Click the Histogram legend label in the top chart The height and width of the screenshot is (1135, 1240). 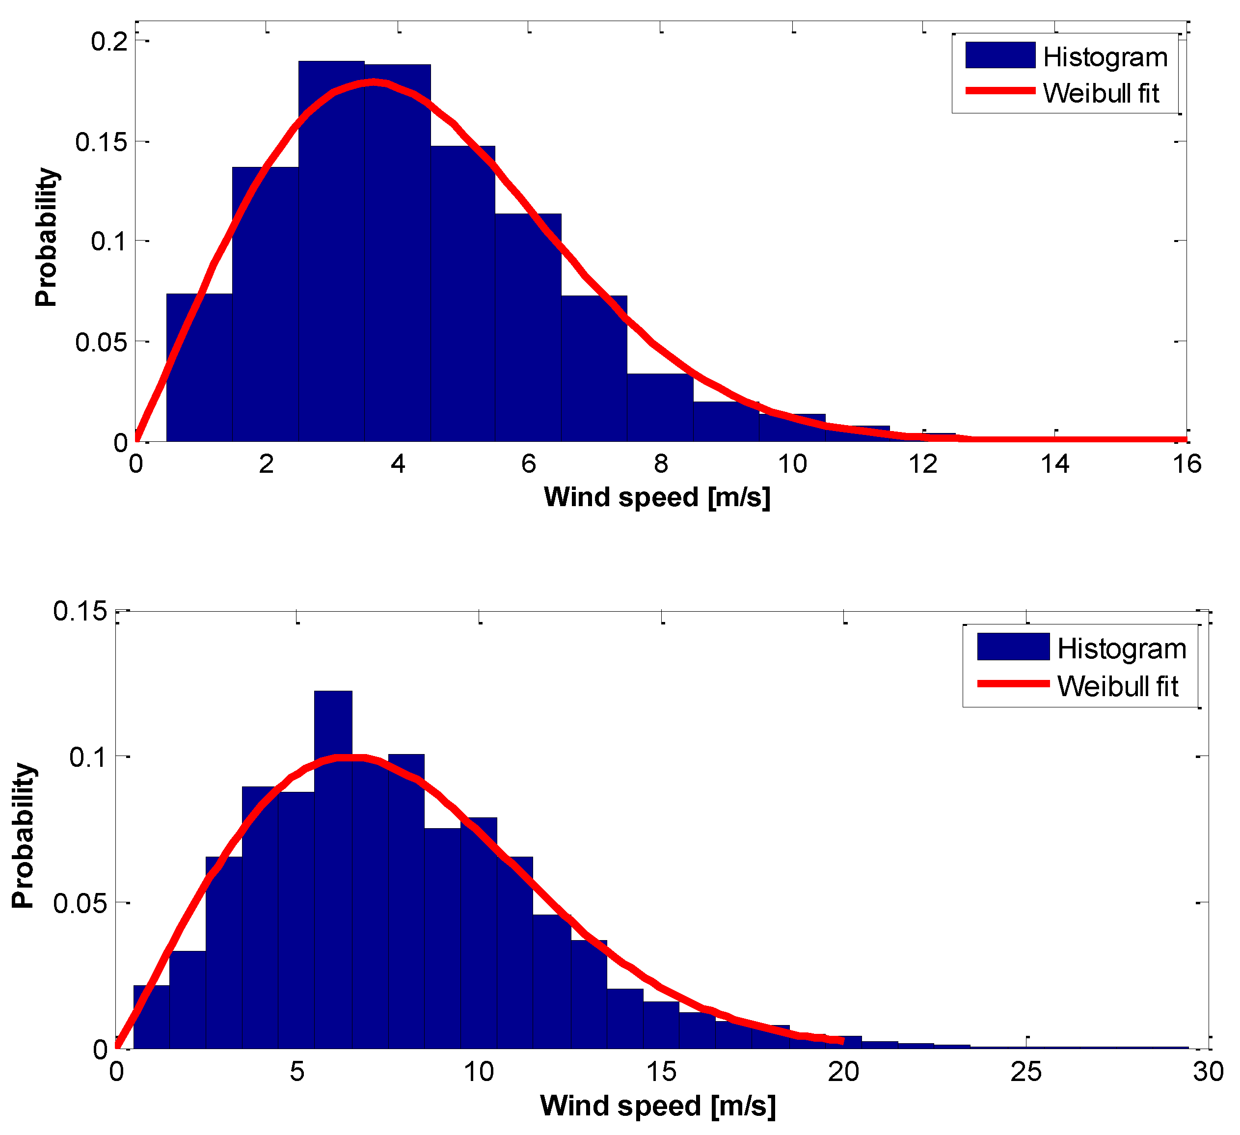1105,57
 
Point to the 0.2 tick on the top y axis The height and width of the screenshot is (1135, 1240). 109,42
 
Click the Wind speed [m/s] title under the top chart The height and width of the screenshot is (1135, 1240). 656,498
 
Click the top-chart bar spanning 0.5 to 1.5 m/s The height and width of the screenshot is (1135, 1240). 199,369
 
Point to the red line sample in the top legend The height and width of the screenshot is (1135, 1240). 1000,91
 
